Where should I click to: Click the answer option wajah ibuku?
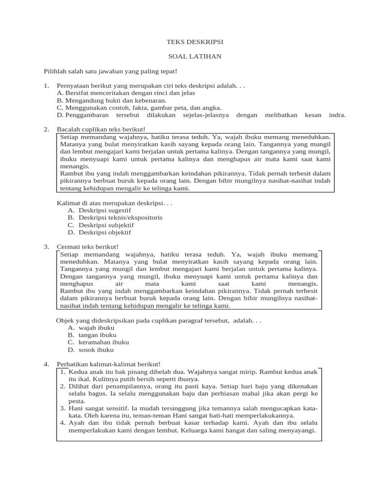(96, 328)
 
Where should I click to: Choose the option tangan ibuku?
(97, 335)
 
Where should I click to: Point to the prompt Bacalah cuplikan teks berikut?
(101, 129)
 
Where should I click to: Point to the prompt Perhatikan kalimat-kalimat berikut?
(108, 364)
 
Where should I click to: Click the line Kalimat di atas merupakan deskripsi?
(114, 203)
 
